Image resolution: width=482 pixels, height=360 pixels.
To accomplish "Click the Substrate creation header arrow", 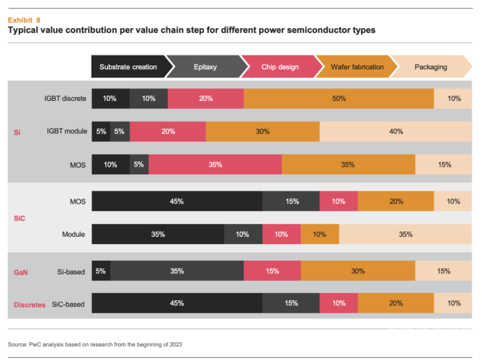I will pos(130,67).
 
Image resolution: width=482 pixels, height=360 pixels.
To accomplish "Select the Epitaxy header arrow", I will pos(207,67).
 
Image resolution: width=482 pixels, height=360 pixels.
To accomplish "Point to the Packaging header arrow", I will pos(432,67).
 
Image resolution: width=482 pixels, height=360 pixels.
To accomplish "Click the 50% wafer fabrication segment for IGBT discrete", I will pos(339,99).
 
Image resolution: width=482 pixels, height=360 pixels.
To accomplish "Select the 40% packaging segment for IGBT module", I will pos(396,132).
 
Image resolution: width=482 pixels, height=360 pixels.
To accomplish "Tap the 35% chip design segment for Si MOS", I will pos(215,165).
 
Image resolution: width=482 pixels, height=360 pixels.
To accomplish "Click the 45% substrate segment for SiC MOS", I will pos(177,202).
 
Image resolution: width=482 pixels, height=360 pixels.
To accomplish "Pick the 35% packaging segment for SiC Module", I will pos(405,235).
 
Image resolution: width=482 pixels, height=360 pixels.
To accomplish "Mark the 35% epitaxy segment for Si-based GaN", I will pos(177,271).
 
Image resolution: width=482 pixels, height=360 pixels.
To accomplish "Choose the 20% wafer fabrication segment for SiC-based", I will pos(396,304).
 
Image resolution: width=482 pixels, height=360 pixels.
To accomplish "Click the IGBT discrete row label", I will pos(66,99).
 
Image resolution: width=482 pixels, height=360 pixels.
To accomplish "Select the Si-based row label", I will pos(71,271).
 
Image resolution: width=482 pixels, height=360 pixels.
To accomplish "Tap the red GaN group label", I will pos(22,272).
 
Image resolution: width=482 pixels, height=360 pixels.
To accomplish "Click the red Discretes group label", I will pos(30,305).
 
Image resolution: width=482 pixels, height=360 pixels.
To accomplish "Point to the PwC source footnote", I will pos(94,345).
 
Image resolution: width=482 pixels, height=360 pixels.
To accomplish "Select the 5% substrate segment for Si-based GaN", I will pos(101,271).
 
